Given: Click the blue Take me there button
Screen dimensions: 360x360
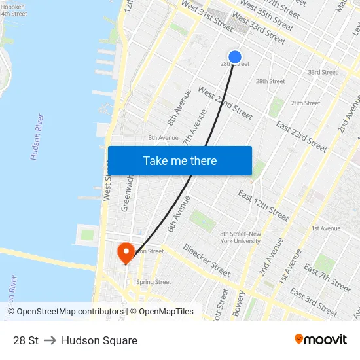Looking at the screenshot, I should click(x=180, y=161).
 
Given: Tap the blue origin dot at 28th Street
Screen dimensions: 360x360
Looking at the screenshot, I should click(x=235, y=57).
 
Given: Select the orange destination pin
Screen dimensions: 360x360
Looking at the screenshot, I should click(x=124, y=253).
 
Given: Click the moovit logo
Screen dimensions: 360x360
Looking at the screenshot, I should click(x=321, y=340).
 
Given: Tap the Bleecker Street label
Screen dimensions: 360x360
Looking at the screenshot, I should click(x=207, y=260).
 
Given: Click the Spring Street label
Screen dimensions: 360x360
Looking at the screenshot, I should click(x=154, y=282).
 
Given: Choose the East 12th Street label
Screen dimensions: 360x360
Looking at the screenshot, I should click(x=263, y=205).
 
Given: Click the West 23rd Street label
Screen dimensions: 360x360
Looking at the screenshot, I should click(x=225, y=103).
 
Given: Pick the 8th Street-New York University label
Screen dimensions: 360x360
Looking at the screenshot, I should click(x=241, y=237).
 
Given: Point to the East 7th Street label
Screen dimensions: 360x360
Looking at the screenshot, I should click(x=327, y=278).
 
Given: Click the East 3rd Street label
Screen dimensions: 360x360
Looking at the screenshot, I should click(x=314, y=302).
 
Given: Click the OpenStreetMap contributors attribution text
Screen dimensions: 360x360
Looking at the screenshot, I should click(x=65, y=312).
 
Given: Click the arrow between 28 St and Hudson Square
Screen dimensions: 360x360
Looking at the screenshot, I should click(x=50, y=340).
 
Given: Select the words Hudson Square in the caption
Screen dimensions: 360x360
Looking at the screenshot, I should click(x=99, y=340).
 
